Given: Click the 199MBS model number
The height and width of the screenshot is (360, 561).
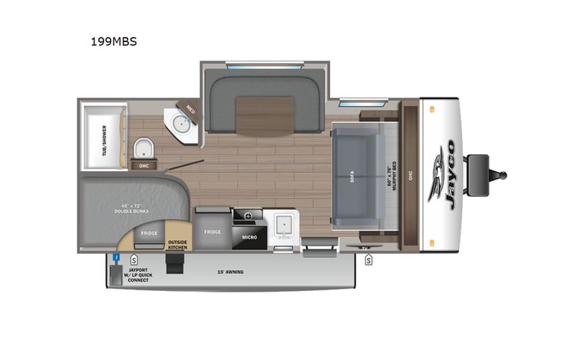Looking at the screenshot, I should pyautogui.click(x=114, y=42).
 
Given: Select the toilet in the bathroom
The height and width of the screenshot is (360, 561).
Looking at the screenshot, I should pyautogui.click(x=143, y=147).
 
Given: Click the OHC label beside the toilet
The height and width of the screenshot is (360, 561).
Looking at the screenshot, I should pyautogui.click(x=143, y=165).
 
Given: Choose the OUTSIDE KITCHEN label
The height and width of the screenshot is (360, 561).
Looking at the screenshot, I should pyautogui.click(x=177, y=243).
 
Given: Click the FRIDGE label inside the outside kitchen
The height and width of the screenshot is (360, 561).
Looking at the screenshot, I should pyautogui.click(x=149, y=233).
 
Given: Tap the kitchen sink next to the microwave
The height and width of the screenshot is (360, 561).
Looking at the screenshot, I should pyautogui.click(x=282, y=225).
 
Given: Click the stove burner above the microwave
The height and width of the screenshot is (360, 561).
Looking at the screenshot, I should pyautogui.click(x=247, y=216).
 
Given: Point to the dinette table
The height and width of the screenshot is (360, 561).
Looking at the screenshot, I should pyautogui.click(x=265, y=115).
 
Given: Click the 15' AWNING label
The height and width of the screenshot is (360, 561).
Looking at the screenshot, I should pyautogui.click(x=229, y=272).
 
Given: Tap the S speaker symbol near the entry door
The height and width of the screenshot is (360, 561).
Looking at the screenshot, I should pyautogui.click(x=368, y=260).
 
